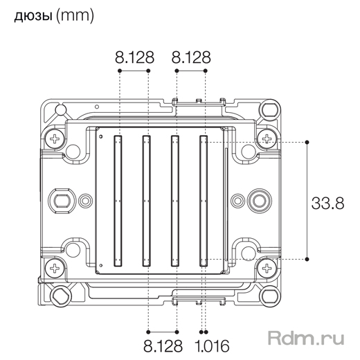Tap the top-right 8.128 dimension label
point(190,58)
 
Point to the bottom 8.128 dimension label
point(163,344)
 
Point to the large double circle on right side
point(260,201)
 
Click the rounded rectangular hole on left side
point(62,201)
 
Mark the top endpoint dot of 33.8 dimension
point(307,142)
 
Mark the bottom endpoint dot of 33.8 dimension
point(307,261)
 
